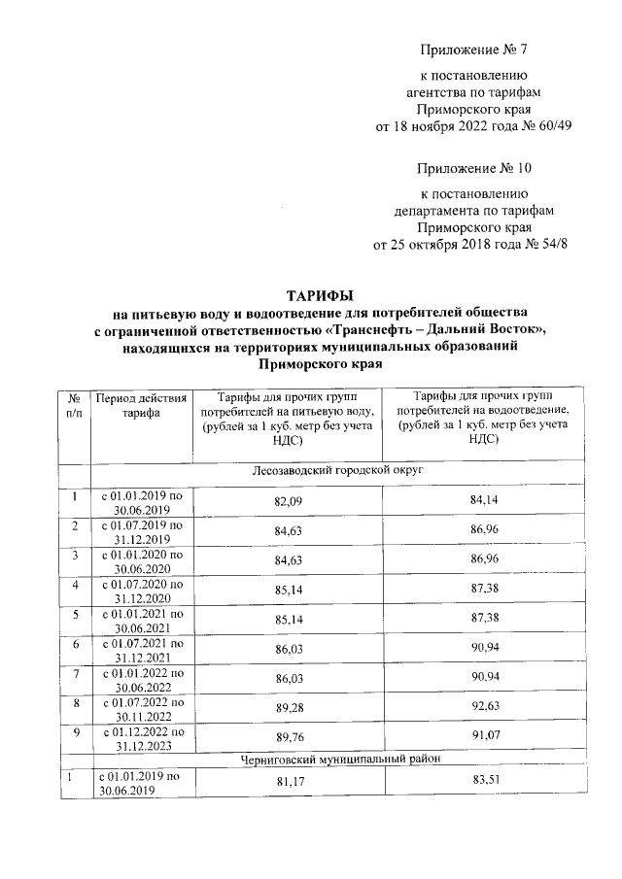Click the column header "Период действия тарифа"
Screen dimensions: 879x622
(x=136, y=405)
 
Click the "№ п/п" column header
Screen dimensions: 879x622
(x=73, y=405)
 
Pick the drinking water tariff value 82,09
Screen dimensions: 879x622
(x=286, y=502)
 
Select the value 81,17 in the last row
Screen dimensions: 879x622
(x=286, y=783)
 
